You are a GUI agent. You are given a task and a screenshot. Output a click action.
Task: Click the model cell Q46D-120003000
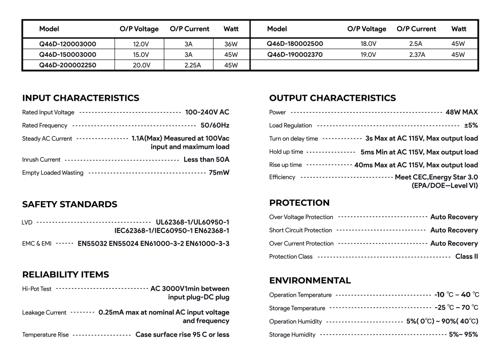(68, 43)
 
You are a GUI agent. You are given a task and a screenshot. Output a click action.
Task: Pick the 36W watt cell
(231, 43)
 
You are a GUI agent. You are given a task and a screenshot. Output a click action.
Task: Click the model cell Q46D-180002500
(295, 43)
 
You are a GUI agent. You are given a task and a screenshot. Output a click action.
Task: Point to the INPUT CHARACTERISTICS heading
(81, 98)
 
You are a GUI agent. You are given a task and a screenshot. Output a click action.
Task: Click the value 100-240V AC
(207, 112)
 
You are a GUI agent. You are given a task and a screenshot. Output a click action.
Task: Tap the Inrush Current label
(41, 160)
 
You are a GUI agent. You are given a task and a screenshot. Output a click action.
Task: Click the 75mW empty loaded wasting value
(219, 173)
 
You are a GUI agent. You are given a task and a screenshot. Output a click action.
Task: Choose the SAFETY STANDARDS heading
(70, 204)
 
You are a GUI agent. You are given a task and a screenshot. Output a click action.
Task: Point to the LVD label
(27, 222)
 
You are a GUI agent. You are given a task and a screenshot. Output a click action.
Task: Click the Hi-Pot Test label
(37, 289)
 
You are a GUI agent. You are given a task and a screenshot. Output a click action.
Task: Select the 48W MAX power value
(461, 112)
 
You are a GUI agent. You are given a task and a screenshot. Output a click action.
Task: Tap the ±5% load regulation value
(471, 125)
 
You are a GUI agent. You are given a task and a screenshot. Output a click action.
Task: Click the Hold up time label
(286, 152)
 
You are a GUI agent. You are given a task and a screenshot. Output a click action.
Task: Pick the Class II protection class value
(466, 256)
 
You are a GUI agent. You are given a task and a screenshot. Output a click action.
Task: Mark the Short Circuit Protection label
(301, 230)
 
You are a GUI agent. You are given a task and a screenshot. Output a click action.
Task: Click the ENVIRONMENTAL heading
(310, 280)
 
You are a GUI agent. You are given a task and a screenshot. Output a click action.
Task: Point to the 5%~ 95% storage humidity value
(463, 334)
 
